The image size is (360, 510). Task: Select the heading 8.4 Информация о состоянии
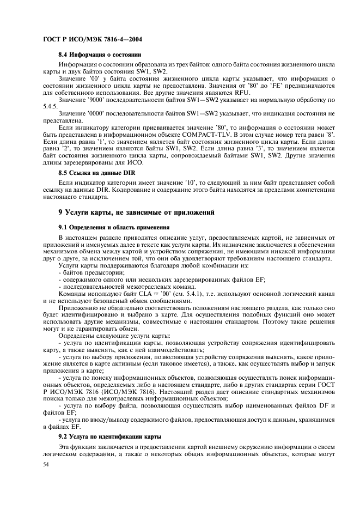[100, 55]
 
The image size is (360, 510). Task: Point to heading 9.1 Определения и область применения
[114, 241]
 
